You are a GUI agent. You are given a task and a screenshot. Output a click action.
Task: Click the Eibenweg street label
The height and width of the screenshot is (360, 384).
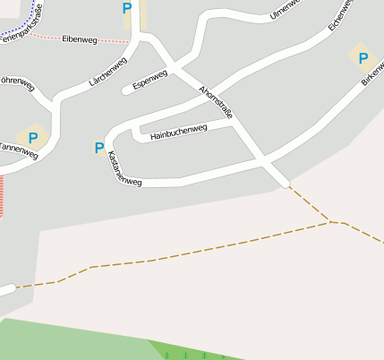tap(80, 39)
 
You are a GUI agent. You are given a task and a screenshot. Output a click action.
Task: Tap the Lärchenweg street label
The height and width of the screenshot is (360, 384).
tap(108, 71)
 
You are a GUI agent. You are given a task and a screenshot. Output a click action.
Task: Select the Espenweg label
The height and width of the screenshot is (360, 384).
tap(149, 80)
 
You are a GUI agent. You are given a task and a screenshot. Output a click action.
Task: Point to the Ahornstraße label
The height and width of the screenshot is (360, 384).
tap(217, 107)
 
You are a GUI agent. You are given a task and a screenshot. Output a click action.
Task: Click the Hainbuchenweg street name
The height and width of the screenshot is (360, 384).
tap(179, 133)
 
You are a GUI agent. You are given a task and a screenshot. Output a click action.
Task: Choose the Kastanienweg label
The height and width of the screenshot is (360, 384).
tap(124, 168)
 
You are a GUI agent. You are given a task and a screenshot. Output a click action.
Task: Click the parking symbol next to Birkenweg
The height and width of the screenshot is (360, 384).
tap(363, 58)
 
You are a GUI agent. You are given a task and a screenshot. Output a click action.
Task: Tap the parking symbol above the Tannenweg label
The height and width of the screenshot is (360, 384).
tap(33, 138)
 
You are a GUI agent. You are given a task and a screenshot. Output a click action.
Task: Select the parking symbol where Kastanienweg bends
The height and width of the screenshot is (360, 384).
tap(98, 147)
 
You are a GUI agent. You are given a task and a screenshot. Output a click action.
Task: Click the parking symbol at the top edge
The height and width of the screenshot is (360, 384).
tap(126, 8)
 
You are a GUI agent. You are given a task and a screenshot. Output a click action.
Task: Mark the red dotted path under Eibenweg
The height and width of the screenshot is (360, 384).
tap(90, 39)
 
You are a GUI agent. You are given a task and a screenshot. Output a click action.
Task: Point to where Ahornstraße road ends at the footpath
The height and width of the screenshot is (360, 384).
tap(286, 184)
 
